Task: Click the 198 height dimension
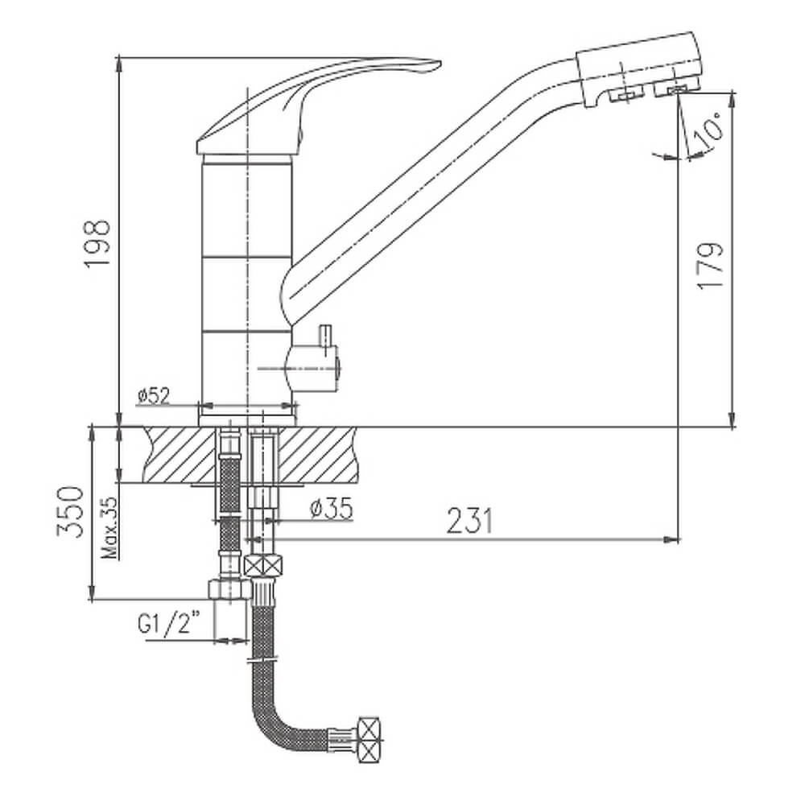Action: tap(97, 243)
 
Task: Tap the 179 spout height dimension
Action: tap(711, 266)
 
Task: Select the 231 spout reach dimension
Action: tap(469, 521)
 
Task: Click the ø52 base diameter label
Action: tap(154, 395)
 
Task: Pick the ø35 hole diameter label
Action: tap(332, 509)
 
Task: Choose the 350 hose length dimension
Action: tap(70, 511)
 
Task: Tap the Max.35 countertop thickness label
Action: tap(110, 528)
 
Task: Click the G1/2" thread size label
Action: tap(168, 625)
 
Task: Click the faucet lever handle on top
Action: tap(308, 103)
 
